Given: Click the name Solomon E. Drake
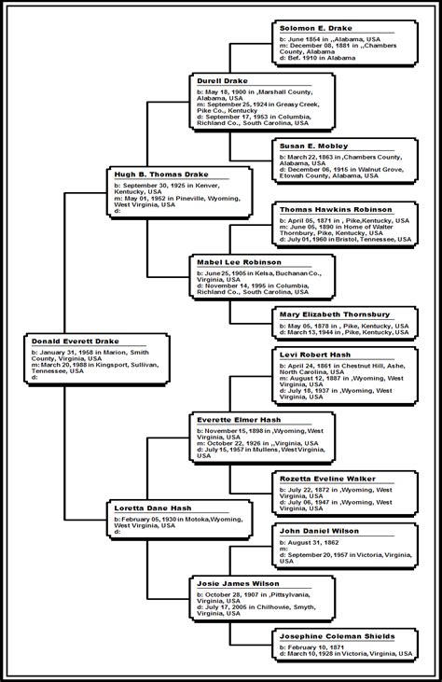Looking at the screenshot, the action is (316, 29).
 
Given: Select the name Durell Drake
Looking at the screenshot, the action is (223, 81).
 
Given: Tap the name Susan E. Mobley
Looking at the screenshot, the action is (313, 146).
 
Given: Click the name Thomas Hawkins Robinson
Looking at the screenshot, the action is (336, 210).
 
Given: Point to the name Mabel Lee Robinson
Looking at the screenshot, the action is (239, 263).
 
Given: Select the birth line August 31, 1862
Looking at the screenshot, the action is (313, 542).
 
